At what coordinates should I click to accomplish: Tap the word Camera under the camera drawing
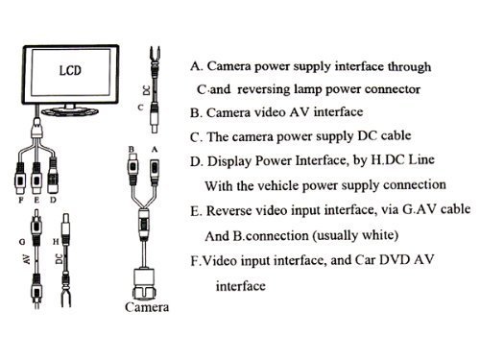point(147,308)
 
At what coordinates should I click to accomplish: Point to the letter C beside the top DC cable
point(141,108)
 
